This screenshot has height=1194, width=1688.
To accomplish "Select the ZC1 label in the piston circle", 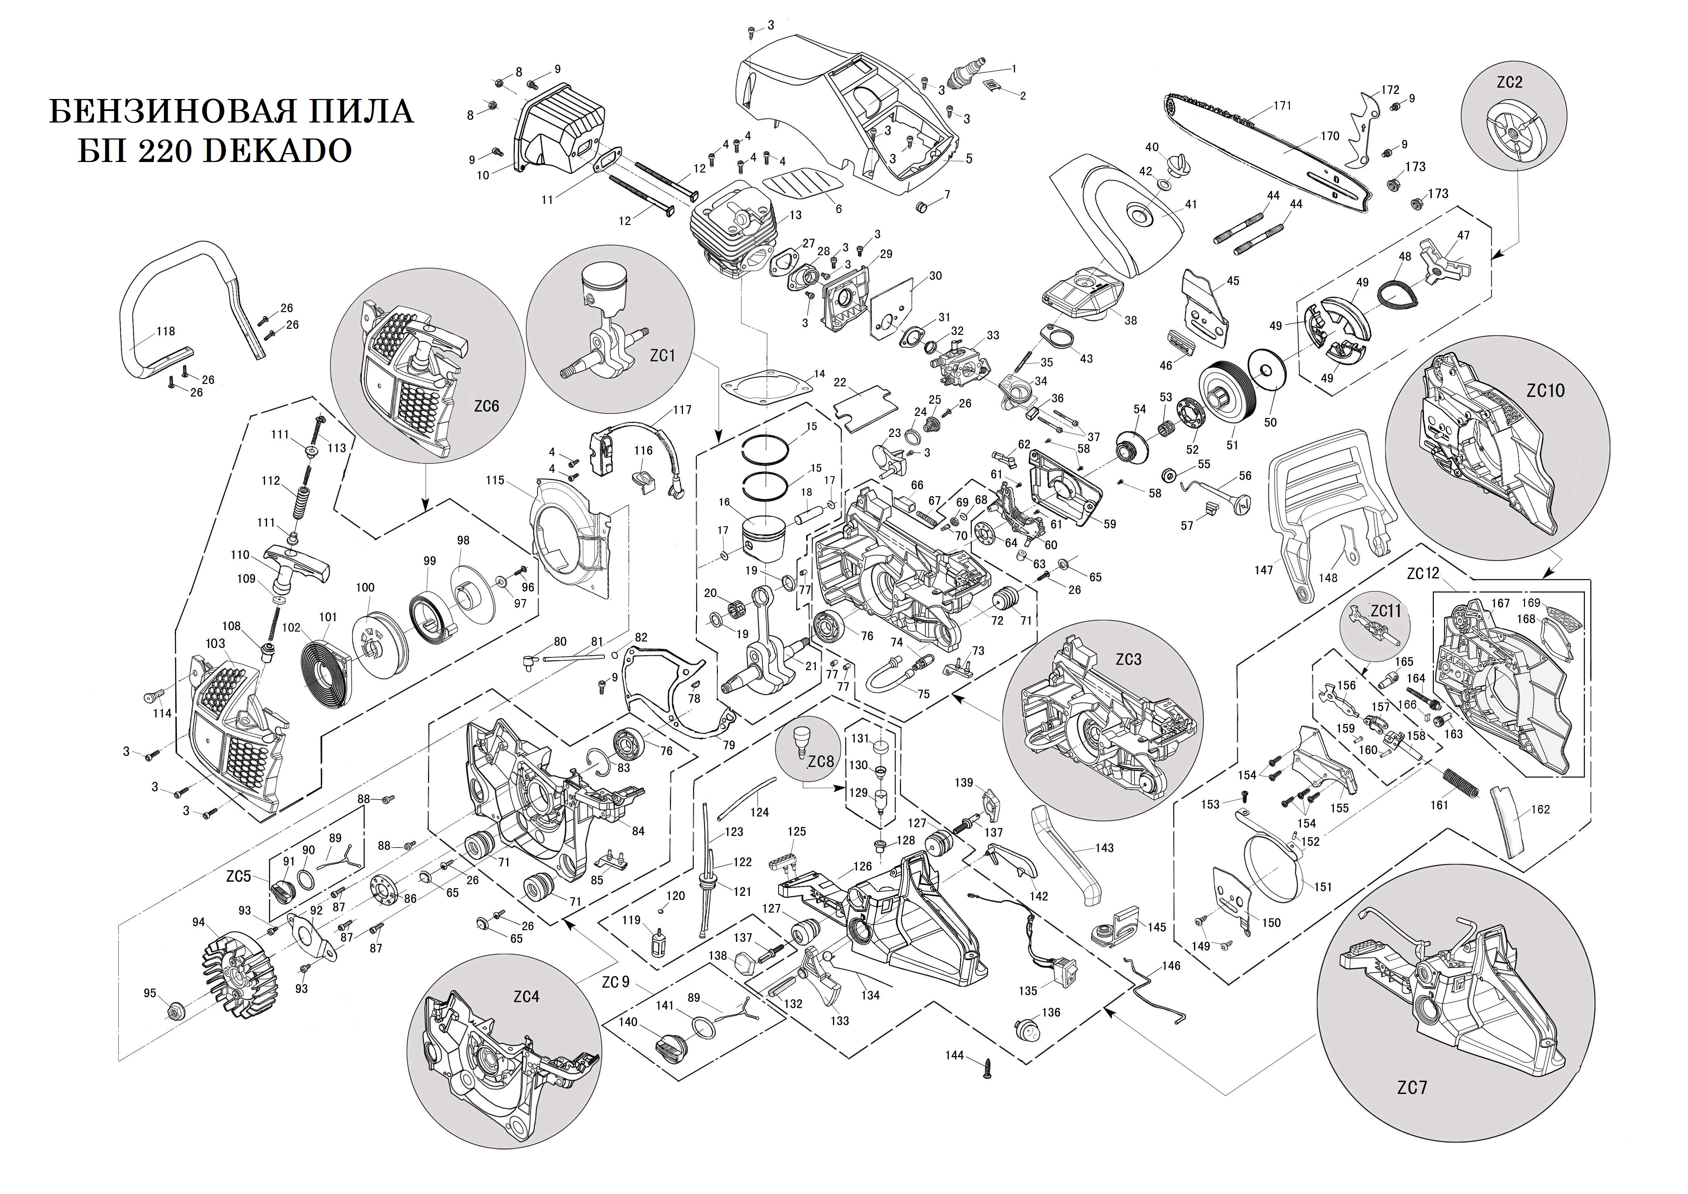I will pyautogui.click(x=662, y=355).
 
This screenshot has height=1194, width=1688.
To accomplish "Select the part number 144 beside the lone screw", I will pyautogui.click(x=954, y=1055).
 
